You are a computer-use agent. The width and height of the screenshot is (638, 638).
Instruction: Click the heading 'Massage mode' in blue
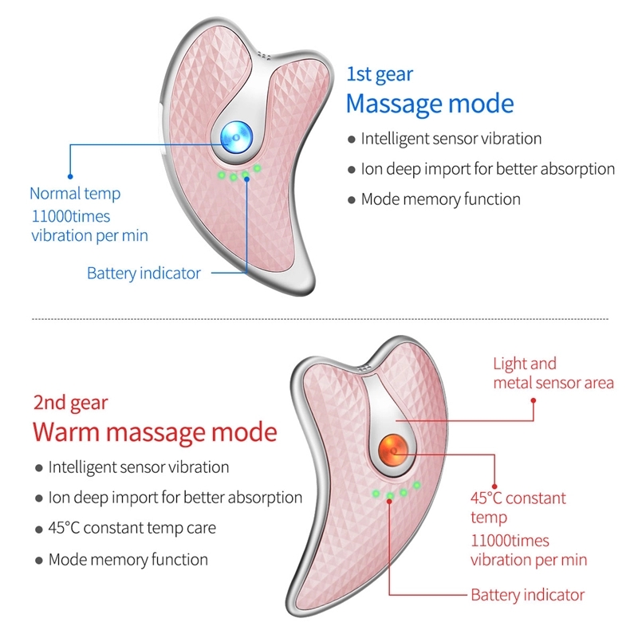[430, 104]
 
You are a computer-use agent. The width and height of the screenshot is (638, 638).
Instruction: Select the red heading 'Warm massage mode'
[155, 432]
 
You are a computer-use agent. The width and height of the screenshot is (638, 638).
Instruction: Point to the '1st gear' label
[380, 74]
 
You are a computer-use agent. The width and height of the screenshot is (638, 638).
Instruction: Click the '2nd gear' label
[70, 403]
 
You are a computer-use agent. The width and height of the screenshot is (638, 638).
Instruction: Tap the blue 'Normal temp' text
[75, 193]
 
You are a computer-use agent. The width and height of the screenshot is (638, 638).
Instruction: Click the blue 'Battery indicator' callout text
[144, 274]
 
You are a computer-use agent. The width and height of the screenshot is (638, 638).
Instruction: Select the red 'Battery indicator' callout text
[527, 595]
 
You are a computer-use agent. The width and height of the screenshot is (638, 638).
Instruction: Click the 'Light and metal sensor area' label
[553, 373]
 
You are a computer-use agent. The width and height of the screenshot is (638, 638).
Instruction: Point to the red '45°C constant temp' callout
[518, 507]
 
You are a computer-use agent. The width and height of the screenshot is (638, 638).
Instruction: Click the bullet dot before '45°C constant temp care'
[38, 529]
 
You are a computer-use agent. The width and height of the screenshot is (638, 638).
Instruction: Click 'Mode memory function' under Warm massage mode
[128, 559]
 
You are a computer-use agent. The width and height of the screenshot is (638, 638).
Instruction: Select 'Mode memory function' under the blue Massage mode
[440, 199]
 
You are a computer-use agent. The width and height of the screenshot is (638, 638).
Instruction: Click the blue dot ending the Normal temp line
[70, 175]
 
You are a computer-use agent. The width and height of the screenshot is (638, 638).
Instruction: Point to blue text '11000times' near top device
[71, 216]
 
